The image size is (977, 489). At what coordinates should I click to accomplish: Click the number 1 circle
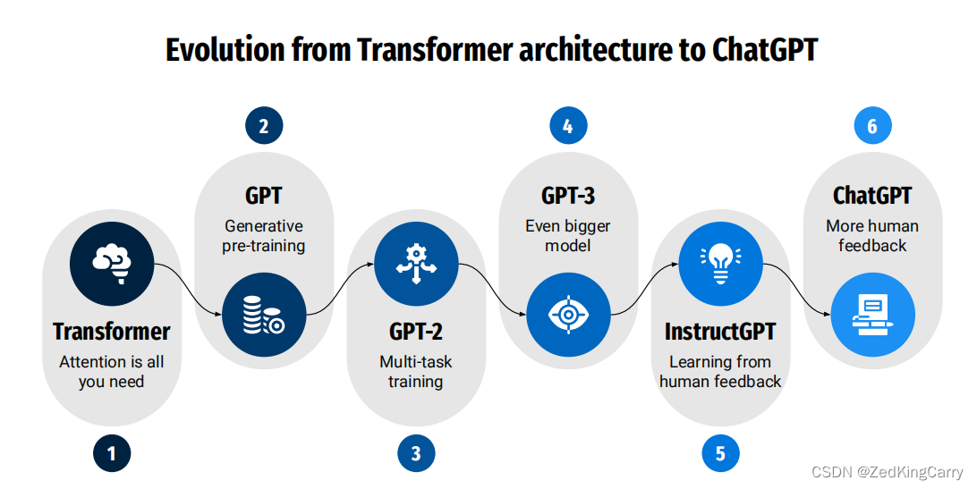[112, 453]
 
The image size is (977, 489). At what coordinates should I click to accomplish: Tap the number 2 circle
[264, 126]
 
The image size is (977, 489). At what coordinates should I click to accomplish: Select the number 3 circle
[416, 453]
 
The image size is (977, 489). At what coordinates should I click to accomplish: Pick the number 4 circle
[568, 126]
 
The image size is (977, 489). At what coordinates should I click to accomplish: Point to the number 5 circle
[720, 453]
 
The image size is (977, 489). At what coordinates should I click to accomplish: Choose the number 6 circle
[872, 126]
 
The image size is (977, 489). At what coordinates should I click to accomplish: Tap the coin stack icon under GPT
[264, 315]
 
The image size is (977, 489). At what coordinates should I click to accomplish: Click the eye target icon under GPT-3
[568, 315]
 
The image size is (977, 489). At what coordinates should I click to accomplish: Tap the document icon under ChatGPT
[872, 315]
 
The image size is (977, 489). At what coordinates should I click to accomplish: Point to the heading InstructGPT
[720, 332]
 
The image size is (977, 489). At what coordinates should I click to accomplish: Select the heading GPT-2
[416, 332]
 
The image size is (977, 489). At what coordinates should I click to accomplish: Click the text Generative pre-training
[264, 236]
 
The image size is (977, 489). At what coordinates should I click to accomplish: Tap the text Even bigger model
[568, 236]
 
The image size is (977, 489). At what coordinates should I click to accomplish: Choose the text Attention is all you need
[112, 372]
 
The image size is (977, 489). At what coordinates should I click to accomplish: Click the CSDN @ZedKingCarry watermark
[887, 472]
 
